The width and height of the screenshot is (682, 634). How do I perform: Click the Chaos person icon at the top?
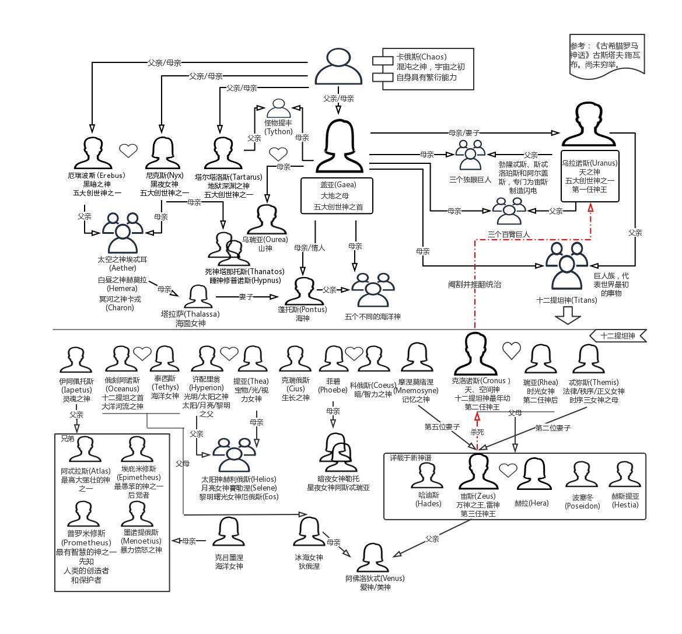pyautogui.click(x=338, y=67)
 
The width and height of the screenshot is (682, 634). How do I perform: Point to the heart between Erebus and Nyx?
pyautogui.click(x=128, y=150)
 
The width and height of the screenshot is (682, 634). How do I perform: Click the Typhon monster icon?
pyautogui.click(x=278, y=109)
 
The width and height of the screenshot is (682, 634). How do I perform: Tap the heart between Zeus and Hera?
pyautogui.click(x=508, y=470)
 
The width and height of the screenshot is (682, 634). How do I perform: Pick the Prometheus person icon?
pyautogui.click(x=83, y=514)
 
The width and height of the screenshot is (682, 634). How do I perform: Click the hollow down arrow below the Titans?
pyautogui.click(x=567, y=316)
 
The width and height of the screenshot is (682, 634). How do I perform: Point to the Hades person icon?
pyautogui.click(x=427, y=475)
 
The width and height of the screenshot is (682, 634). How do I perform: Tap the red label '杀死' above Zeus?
pyautogui.click(x=477, y=432)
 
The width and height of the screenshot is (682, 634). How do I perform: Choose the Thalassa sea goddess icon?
pyautogui.click(x=198, y=296)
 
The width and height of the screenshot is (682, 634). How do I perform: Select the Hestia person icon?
pyautogui.click(x=624, y=475)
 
